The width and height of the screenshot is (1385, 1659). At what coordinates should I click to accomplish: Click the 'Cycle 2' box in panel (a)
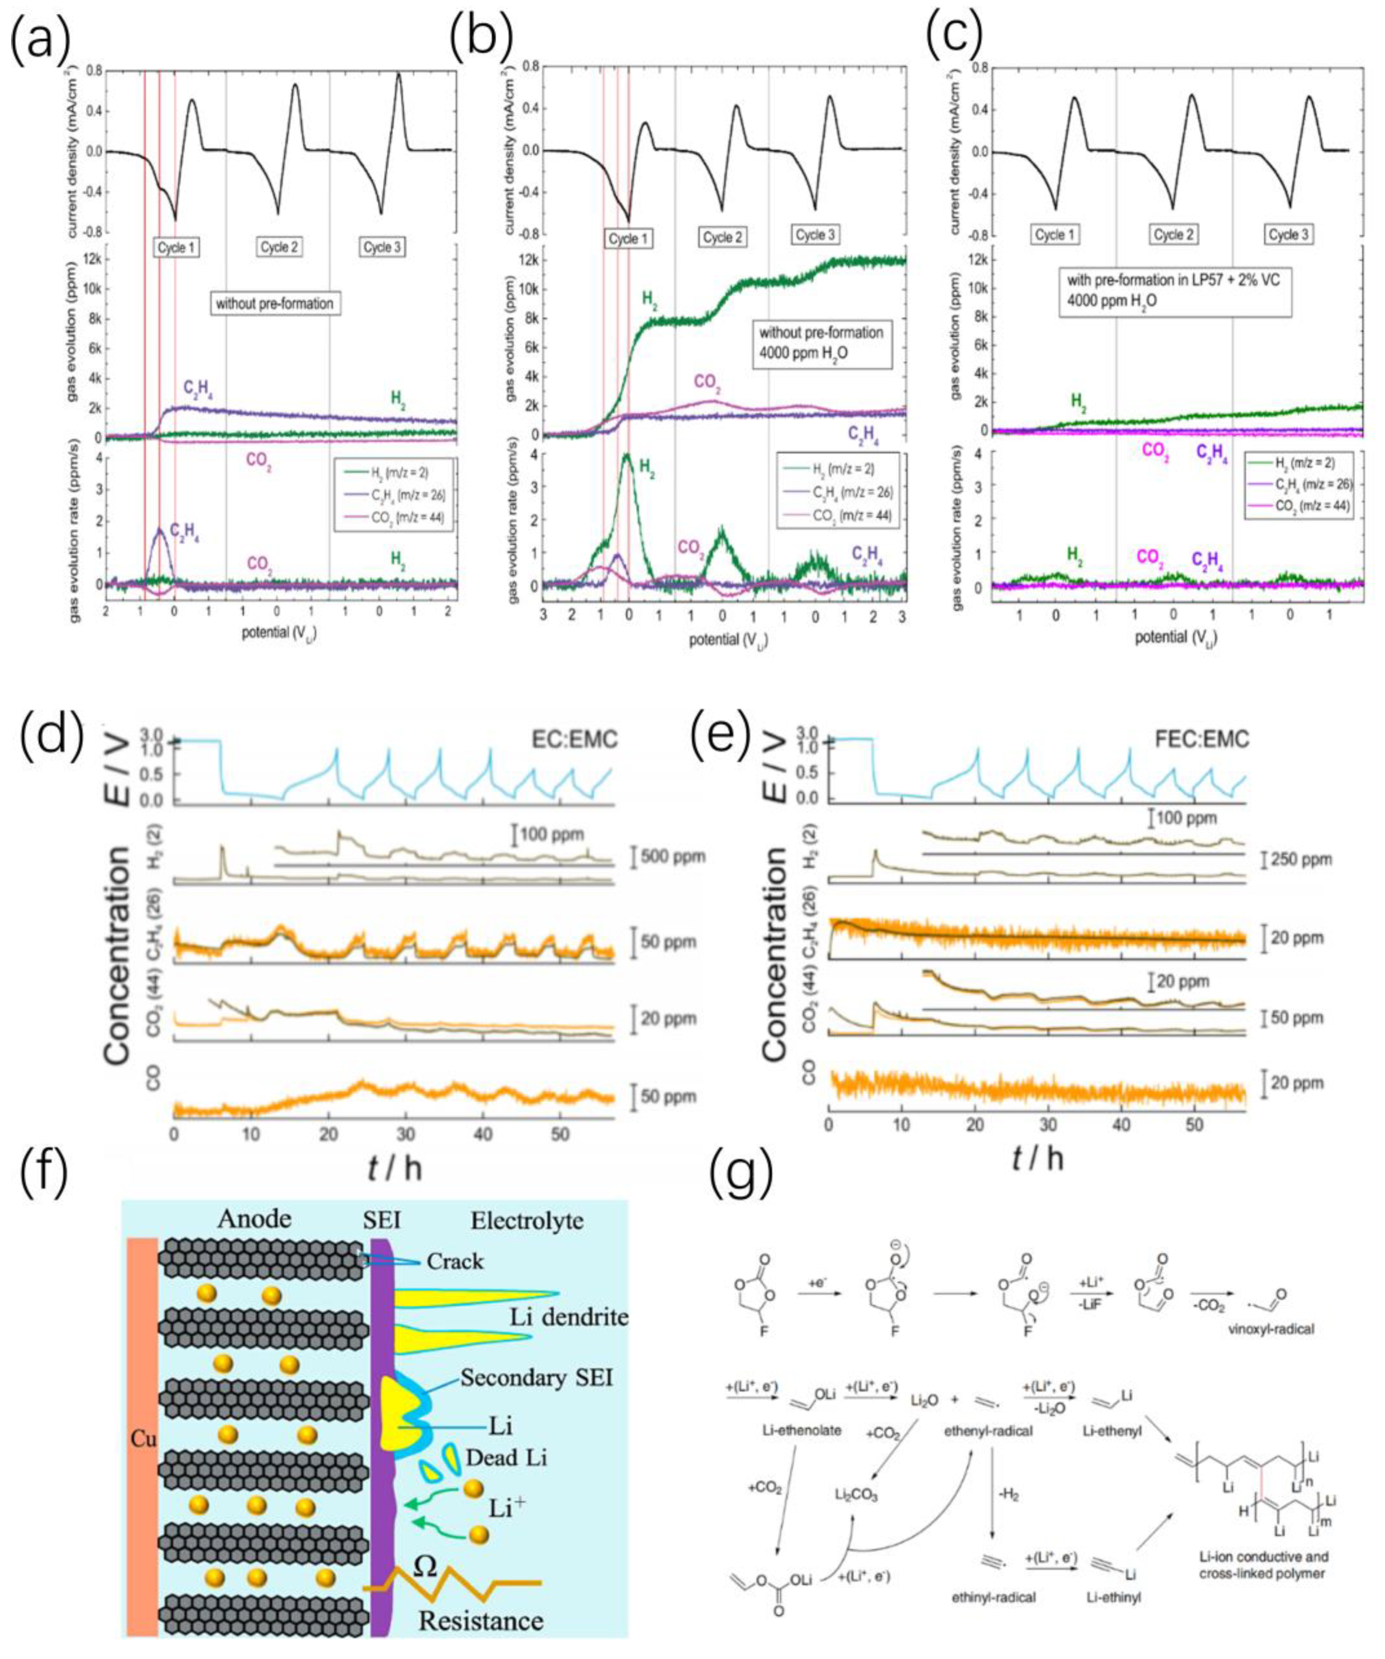click(279, 247)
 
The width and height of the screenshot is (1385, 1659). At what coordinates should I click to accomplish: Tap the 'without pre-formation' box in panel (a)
click(275, 304)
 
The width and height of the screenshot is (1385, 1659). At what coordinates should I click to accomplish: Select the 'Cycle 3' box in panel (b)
click(815, 235)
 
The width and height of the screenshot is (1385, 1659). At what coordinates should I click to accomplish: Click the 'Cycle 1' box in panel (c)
click(1055, 235)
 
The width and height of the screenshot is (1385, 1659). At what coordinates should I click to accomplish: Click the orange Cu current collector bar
click(143, 1440)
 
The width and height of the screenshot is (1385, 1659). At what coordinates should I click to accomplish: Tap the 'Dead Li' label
click(507, 1457)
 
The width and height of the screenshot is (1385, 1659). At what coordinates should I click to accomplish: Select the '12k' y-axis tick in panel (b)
click(526, 261)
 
